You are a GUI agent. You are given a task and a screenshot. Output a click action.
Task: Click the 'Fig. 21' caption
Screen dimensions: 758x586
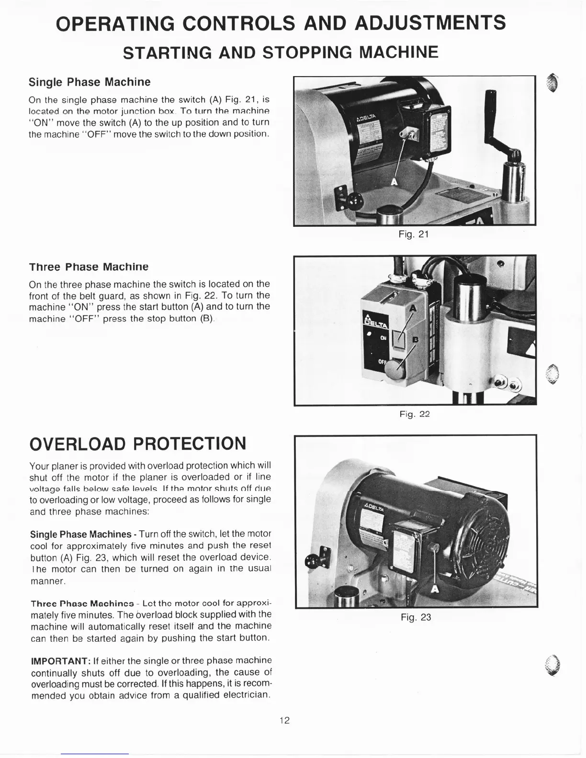pyautogui.click(x=414, y=234)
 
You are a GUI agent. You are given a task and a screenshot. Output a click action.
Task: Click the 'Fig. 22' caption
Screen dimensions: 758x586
pyautogui.click(x=415, y=414)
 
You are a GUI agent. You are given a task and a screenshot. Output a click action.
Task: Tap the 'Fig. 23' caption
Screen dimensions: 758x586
pyautogui.click(x=416, y=617)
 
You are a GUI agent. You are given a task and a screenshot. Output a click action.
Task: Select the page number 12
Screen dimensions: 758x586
pyautogui.click(x=285, y=720)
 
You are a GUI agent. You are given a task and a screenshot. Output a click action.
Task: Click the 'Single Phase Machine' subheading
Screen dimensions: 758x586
pyautogui.click(x=90, y=82)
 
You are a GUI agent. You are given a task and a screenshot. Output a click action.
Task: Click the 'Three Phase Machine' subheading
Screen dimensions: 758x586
pyautogui.click(x=89, y=267)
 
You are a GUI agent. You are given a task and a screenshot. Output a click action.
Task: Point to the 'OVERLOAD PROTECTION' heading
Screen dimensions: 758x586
pyautogui.click(x=138, y=443)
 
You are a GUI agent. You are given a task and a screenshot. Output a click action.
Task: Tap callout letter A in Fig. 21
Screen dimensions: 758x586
pyautogui.click(x=394, y=181)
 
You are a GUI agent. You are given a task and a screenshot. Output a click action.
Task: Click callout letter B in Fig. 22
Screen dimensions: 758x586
pyautogui.click(x=416, y=340)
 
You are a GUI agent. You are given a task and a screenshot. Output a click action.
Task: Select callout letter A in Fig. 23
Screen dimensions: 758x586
pyautogui.click(x=434, y=589)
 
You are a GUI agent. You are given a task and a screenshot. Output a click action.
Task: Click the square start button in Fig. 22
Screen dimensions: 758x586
pyautogui.click(x=398, y=339)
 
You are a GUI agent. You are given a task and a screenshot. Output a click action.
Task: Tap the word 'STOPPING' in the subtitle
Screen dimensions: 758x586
pyautogui.click(x=307, y=52)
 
